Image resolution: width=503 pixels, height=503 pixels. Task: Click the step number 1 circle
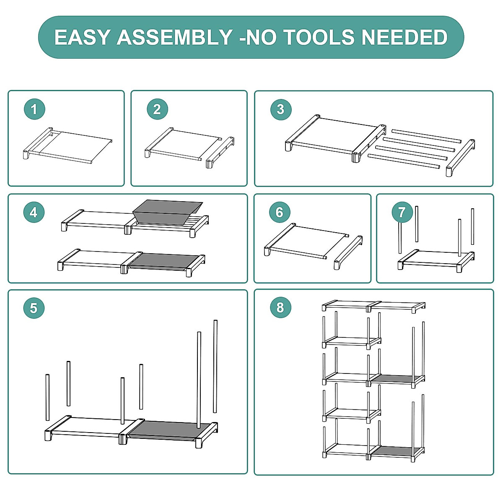pos(34,109)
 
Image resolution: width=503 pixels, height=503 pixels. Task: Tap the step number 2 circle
pos(157,109)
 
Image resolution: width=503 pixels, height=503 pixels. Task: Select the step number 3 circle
pos(281,109)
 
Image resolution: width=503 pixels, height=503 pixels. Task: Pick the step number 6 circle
pos(280,212)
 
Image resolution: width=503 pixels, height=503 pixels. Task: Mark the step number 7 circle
pos(402,212)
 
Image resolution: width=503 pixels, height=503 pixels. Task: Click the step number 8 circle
pos(280,307)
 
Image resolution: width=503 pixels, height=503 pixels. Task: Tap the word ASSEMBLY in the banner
pos(175,37)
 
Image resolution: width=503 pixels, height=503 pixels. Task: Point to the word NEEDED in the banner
pos(404,37)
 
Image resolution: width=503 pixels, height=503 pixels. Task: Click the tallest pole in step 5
pos(215,366)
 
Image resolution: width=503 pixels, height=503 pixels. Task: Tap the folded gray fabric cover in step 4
pos(167,212)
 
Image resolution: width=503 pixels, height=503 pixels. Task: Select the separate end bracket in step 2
pos(220,152)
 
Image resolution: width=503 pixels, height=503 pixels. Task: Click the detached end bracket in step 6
pos(348,252)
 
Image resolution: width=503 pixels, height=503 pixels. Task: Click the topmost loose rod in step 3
pos(426,136)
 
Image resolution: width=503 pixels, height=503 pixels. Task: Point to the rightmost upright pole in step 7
pos(472,226)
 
